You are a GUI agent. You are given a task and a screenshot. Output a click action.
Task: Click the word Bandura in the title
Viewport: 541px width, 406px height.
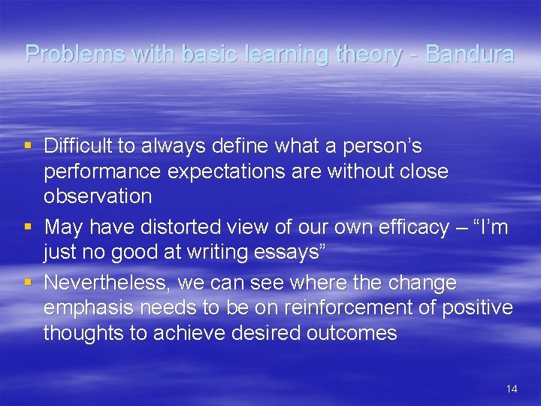[470, 54]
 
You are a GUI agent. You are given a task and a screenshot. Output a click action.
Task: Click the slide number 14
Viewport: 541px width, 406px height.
[512, 389]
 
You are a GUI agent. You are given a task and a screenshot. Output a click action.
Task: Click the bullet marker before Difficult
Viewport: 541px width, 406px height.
[28, 144]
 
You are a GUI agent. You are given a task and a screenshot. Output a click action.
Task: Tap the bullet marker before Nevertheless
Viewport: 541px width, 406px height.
[28, 283]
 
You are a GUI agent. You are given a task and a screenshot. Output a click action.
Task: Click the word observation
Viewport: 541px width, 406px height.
[98, 197]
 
